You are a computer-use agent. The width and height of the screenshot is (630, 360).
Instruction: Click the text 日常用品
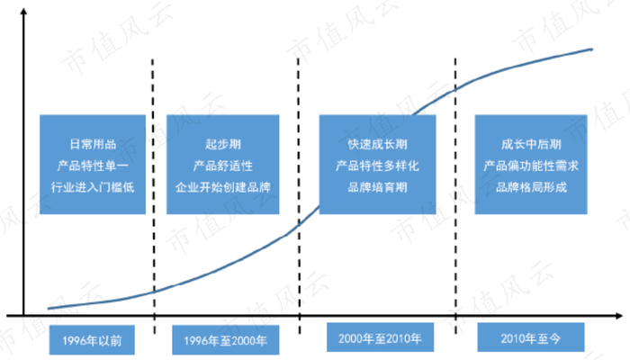[93, 144]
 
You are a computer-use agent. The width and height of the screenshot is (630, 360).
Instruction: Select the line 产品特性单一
[93, 166]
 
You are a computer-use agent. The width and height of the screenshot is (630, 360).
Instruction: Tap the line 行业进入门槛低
[93, 189]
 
